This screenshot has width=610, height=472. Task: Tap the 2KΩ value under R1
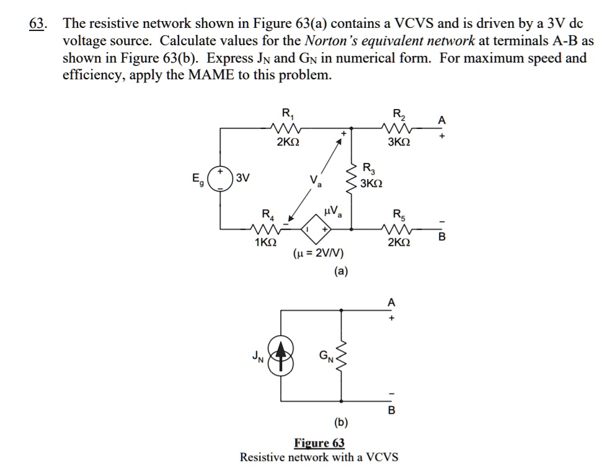point(288,142)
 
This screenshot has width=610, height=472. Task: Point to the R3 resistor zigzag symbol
point(352,176)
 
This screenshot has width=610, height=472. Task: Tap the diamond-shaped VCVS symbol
point(316,229)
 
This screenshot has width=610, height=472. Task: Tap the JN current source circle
point(282,356)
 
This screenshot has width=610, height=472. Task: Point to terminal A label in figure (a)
point(441,120)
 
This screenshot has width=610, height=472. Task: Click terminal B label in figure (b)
point(391,411)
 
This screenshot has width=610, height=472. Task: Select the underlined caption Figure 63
point(319,443)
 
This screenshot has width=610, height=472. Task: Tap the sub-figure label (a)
point(341,271)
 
